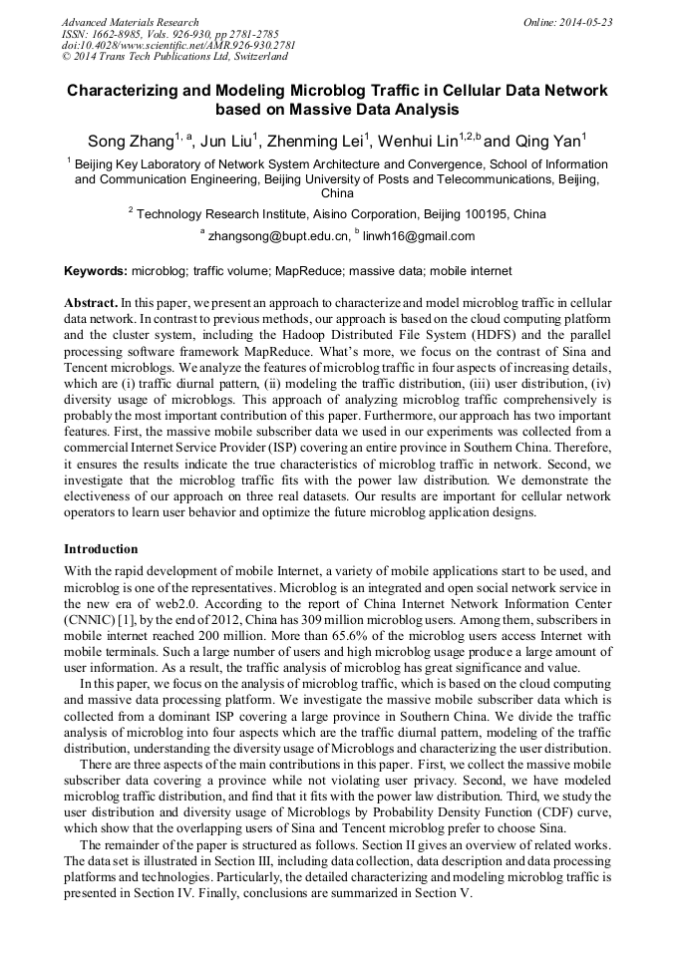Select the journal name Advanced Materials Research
coord(130,22)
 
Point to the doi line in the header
coord(177,46)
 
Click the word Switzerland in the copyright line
coord(249,57)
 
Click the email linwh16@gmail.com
coord(419,237)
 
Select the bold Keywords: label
coord(96,271)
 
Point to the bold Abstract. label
coord(91,302)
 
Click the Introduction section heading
coord(101,549)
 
